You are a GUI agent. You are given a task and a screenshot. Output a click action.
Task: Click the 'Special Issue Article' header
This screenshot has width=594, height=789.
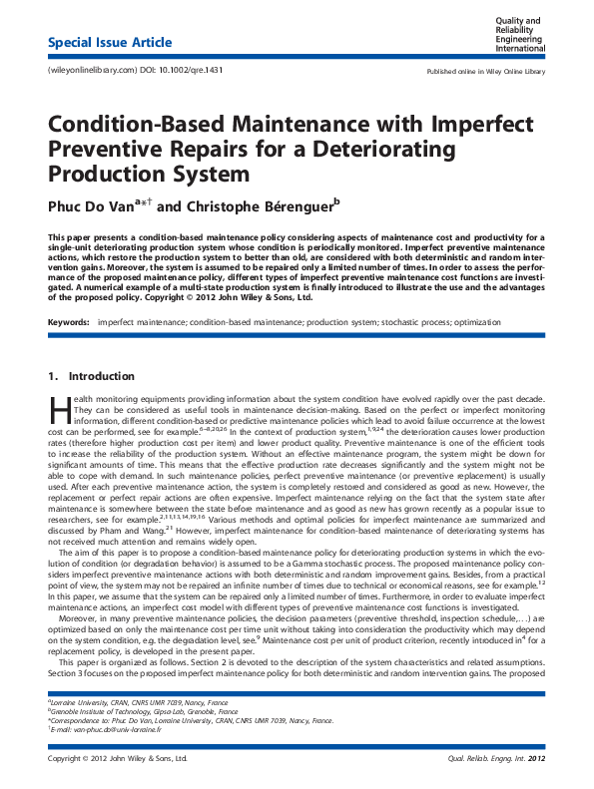[110, 43]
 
